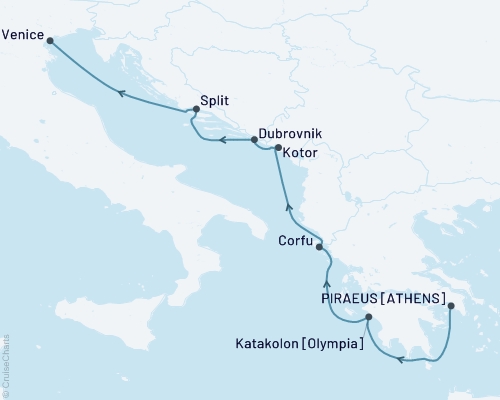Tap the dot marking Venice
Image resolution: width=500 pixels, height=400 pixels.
pos(51,40)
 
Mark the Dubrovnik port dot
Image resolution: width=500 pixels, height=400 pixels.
pos(254,139)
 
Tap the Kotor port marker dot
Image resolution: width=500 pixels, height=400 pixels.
pos(278,148)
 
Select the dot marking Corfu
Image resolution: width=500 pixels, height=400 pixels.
pos(319,245)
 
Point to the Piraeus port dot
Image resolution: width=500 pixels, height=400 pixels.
pos(451,306)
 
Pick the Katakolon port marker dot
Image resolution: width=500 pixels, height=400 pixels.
pos(369,318)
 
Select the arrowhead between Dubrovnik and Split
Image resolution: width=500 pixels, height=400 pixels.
pos(225,140)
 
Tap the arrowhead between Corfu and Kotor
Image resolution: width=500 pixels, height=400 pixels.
pos(288,207)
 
